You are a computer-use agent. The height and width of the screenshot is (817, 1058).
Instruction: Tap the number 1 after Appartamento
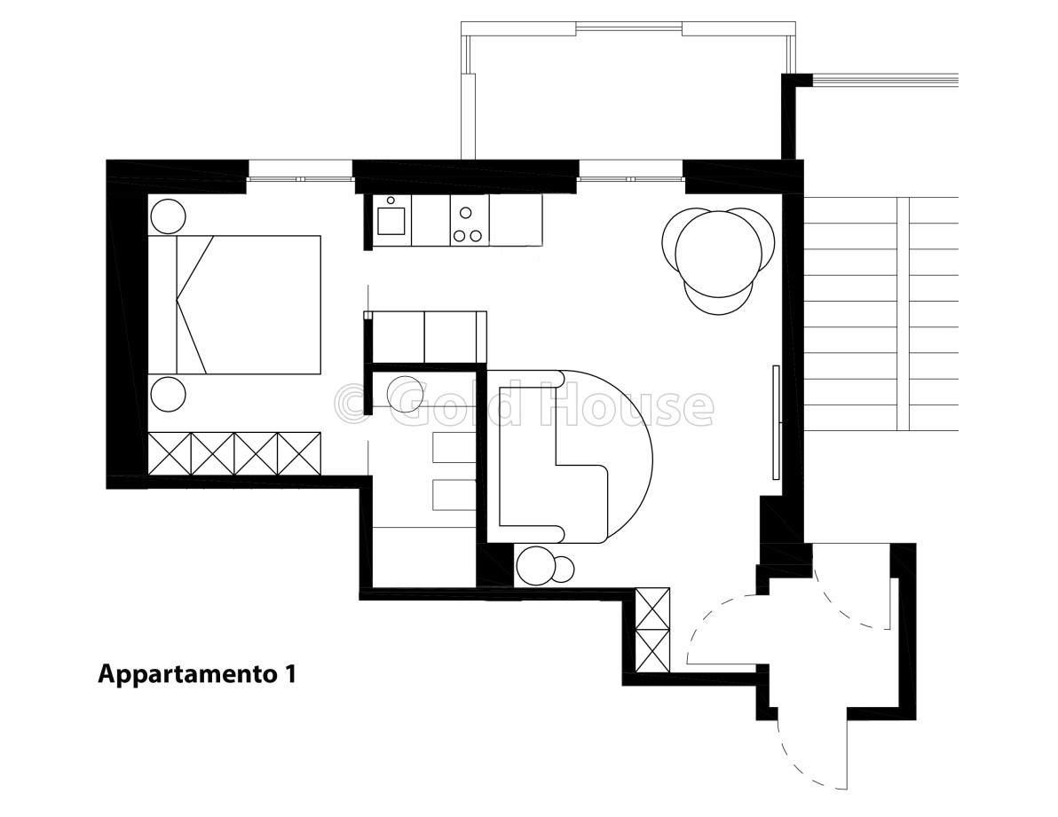[x=288, y=673]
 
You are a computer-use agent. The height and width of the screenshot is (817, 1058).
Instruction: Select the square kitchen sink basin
[x=391, y=220]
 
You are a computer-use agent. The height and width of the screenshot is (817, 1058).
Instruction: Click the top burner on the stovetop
[x=466, y=212]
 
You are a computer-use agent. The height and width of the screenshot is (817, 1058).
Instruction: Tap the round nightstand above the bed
[x=168, y=216]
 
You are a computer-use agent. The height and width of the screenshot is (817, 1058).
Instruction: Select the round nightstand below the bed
[x=168, y=394]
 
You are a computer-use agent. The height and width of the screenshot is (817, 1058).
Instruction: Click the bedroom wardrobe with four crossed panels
[x=234, y=453]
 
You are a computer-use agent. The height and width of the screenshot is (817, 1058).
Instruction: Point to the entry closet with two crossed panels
[x=653, y=630]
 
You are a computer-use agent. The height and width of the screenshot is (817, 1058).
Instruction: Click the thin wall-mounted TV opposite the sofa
[x=776, y=422]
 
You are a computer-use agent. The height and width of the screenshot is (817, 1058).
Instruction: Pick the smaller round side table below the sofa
[x=563, y=569]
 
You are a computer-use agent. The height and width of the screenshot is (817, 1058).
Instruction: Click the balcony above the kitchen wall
[x=628, y=91]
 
